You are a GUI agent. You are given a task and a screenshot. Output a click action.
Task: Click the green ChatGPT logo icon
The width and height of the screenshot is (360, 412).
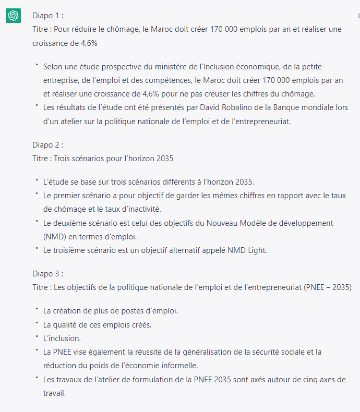(13, 16)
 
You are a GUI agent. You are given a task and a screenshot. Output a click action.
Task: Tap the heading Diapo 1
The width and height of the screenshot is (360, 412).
(48, 16)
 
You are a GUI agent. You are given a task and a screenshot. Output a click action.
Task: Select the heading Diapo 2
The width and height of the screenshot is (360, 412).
(48, 144)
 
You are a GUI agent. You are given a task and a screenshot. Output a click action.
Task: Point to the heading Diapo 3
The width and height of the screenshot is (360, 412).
(48, 273)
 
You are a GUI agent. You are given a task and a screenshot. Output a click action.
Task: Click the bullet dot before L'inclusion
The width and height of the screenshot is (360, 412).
(37, 336)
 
